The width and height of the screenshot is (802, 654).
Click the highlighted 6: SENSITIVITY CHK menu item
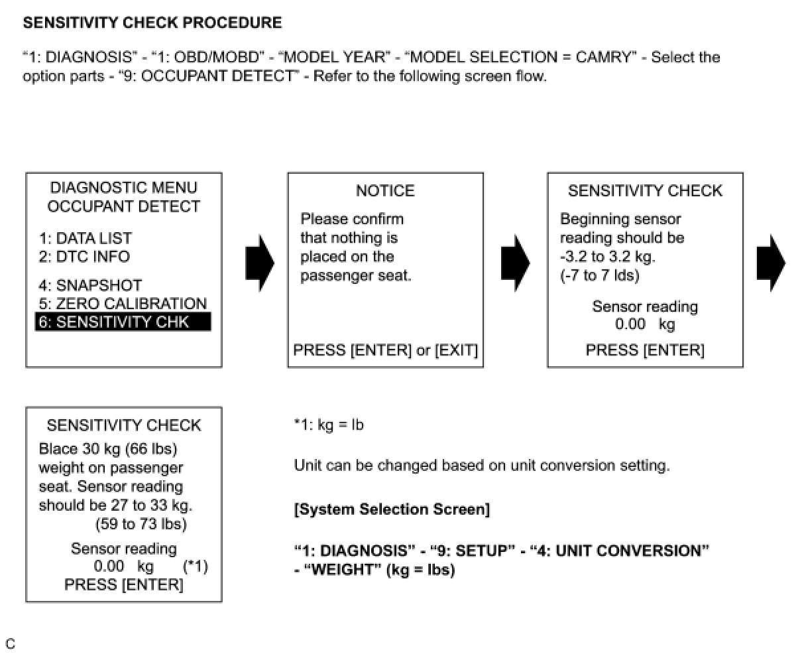123,322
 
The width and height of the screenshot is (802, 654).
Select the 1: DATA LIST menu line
85,238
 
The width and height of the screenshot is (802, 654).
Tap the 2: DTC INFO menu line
84,257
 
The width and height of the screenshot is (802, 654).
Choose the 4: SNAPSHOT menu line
90,285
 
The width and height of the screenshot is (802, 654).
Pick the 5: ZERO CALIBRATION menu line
123,304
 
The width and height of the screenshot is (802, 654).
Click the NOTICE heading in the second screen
385,191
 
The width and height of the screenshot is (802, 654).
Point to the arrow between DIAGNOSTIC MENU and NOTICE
259,263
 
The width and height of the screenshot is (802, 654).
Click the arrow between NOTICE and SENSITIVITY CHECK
515,263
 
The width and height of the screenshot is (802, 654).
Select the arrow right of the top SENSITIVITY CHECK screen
771,263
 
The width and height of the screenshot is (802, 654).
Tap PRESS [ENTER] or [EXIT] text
385,350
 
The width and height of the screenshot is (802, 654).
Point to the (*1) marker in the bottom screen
195,566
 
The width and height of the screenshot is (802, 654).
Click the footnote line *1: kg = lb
329,425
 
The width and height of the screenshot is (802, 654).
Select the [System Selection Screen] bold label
392,509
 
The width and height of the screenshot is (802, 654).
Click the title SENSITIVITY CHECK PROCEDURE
152,23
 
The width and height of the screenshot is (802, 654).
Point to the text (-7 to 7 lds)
600,275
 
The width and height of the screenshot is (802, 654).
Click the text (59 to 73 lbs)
141,524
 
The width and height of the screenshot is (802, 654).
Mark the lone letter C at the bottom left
10,643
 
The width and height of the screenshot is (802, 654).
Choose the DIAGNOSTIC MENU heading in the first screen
124,188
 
